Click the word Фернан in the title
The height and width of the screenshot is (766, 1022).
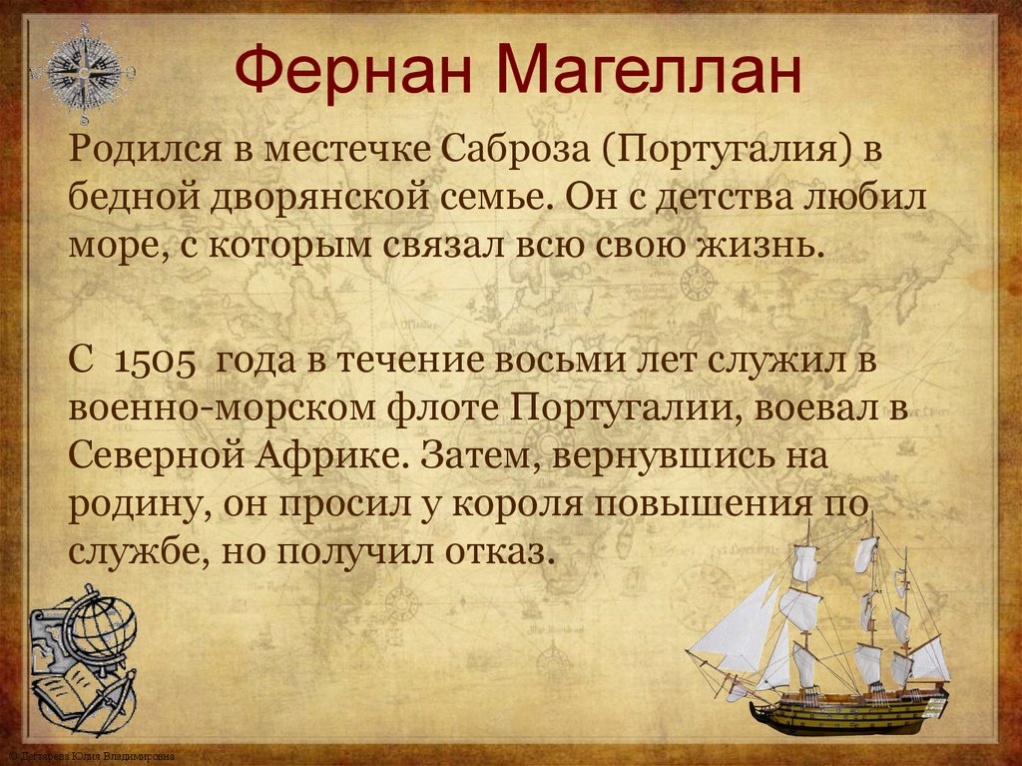[354, 72]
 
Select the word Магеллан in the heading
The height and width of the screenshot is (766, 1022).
[646, 72]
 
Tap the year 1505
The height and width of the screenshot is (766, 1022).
[155, 362]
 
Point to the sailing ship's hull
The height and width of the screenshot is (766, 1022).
[848, 711]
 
